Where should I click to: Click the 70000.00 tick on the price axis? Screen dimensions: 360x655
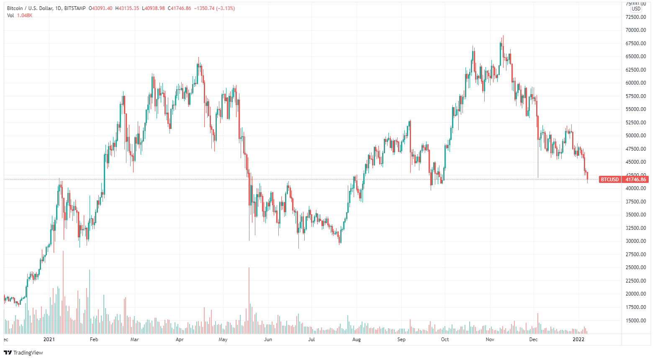point(636,30)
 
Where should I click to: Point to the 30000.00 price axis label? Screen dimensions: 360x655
point(636,241)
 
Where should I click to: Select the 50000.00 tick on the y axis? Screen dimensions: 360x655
point(636,136)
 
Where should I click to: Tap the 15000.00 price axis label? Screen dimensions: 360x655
point(636,321)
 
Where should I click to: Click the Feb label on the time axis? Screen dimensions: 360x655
point(94,339)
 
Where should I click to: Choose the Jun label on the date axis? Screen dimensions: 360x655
point(268,339)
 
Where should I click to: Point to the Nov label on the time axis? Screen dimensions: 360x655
point(490,339)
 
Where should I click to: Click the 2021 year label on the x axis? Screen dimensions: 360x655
point(49,339)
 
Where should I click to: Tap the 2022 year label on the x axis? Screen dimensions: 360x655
point(578,339)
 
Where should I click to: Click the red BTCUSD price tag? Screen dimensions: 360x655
point(610,180)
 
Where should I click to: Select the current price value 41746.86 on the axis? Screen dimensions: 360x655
point(636,180)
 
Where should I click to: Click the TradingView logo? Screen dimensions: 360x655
point(23,352)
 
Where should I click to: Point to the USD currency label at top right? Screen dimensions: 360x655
point(636,9)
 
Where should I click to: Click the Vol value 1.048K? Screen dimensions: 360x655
point(25,15)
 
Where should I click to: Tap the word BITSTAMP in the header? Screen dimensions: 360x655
point(75,8)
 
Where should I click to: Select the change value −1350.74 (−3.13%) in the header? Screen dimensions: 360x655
point(214,8)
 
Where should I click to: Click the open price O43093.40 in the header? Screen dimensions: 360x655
point(101,8)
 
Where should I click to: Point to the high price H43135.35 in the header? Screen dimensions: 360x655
point(127,8)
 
